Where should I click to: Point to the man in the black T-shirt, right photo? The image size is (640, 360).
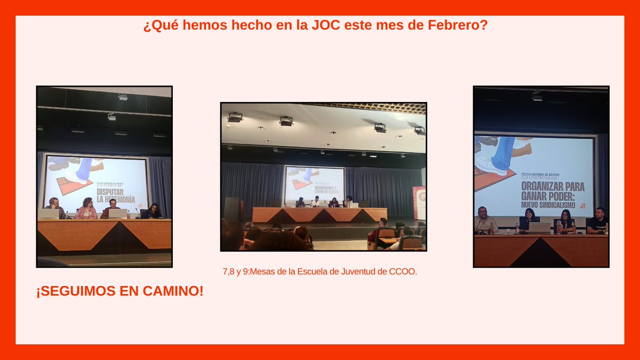pos(598,221)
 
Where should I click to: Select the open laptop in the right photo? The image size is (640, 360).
pos(539,228)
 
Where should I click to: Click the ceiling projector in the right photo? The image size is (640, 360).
pos(537,97)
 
